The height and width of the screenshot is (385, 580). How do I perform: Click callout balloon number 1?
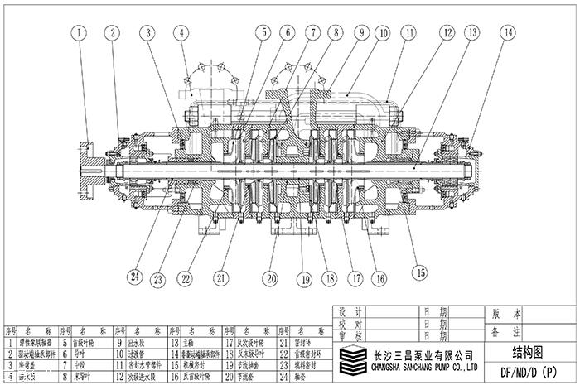click(x=79, y=34)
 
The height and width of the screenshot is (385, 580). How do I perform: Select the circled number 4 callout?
click(x=181, y=34)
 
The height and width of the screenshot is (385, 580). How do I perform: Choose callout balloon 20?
click(x=271, y=278)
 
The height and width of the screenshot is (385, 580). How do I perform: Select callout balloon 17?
click(x=357, y=278)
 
